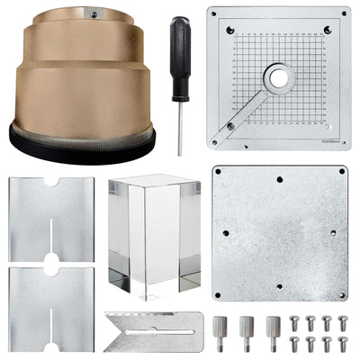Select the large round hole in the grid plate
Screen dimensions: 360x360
click(279, 78)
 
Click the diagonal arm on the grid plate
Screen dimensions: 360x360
click(245, 112)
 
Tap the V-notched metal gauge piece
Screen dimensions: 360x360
click(153, 330)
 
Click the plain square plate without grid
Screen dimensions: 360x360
click(279, 232)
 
